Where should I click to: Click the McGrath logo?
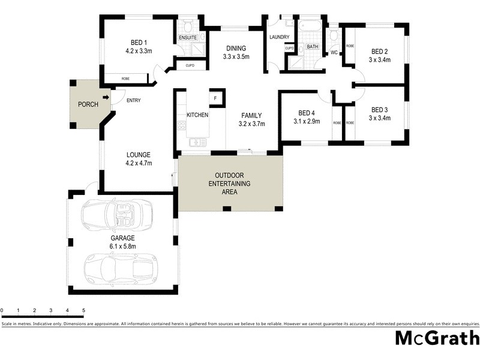tap(437, 338)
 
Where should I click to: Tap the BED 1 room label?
tap(139, 42)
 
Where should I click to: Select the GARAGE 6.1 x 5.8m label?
tap(122, 242)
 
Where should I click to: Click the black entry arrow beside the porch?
tap(106, 97)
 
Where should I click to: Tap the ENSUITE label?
tap(188, 38)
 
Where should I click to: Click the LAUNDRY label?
tap(280, 37)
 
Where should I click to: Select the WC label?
tap(334, 53)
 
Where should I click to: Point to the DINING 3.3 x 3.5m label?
tap(236, 53)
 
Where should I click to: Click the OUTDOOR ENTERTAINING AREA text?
tap(229, 184)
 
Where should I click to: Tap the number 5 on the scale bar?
tap(83, 311)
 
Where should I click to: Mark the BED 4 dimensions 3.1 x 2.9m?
tap(306, 122)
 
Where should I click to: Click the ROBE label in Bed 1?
tap(125, 79)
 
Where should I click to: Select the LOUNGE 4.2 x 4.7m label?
tap(139, 158)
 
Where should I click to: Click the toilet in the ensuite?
tap(188, 26)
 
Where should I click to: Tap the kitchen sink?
tap(196, 143)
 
